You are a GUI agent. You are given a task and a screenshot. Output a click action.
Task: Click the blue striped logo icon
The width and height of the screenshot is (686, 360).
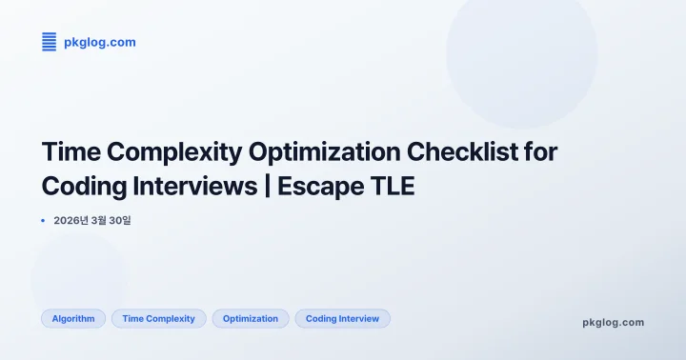pyautogui.click(x=50, y=42)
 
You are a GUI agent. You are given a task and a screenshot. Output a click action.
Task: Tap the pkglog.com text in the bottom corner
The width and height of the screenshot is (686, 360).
pyautogui.click(x=613, y=322)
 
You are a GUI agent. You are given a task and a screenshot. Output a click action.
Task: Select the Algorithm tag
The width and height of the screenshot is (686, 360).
pyautogui.click(x=73, y=318)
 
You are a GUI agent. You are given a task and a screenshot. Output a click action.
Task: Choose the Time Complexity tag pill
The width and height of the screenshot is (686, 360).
pyautogui.click(x=158, y=318)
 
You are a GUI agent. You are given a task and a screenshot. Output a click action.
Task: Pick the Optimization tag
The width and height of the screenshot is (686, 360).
pyautogui.click(x=251, y=318)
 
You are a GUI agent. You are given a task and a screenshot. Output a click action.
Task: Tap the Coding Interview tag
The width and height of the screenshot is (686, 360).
pyautogui.click(x=342, y=318)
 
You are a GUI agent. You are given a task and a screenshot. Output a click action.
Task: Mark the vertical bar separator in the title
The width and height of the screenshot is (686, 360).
pyautogui.click(x=269, y=185)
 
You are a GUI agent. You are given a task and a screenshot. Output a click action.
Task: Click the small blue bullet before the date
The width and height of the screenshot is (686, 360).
pyautogui.click(x=44, y=220)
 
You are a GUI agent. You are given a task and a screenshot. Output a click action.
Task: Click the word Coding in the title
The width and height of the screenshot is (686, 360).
pyautogui.click(x=84, y=185)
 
